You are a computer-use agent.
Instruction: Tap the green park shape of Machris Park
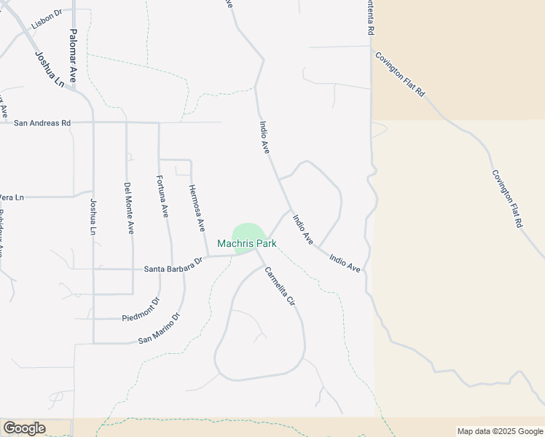click(x=248, y=231)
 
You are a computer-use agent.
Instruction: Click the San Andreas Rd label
click(x=42, y=123)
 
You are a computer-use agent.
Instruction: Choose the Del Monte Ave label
click(x=129, y=208)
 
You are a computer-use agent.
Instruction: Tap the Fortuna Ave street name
click(x=163, y=196)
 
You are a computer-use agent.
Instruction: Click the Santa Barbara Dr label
click(x=173, y=268)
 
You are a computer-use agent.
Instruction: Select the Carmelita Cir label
click(x=279, y=286)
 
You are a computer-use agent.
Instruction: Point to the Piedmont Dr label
click(x=141, y=311)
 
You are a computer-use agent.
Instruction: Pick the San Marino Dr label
click(x=160, y=329)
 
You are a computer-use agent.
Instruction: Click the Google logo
click(x=24, y=428)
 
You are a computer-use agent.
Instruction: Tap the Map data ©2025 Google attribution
click(x=499, y=431)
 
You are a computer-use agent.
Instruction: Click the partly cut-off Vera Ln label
click(x=12, y=197)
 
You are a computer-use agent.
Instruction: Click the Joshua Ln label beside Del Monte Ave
click(x=93, y=216)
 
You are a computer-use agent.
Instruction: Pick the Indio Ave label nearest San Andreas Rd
click(x=264, y=137)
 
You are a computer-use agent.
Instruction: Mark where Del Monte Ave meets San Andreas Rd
click(x=126, y=122)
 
